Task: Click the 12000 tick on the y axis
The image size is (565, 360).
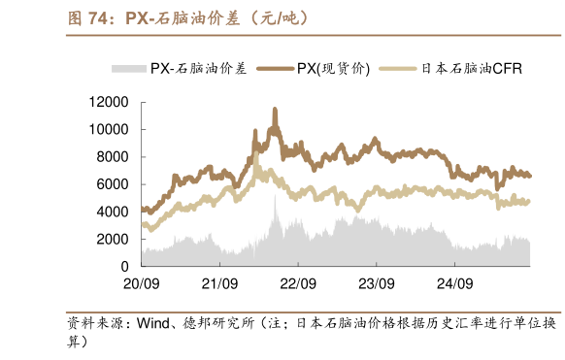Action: click(110, 102)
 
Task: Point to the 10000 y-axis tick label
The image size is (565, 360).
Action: click(110, 129)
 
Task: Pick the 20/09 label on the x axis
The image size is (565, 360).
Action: click(142, 284)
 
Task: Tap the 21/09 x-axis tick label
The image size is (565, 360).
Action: click(219, 284)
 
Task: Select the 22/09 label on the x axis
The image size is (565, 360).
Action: click(298, 284)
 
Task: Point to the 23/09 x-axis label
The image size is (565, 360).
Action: click(376, 284)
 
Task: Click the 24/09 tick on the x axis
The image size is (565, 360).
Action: click(453, 284)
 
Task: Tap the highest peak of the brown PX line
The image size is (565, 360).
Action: click(275, 110)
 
